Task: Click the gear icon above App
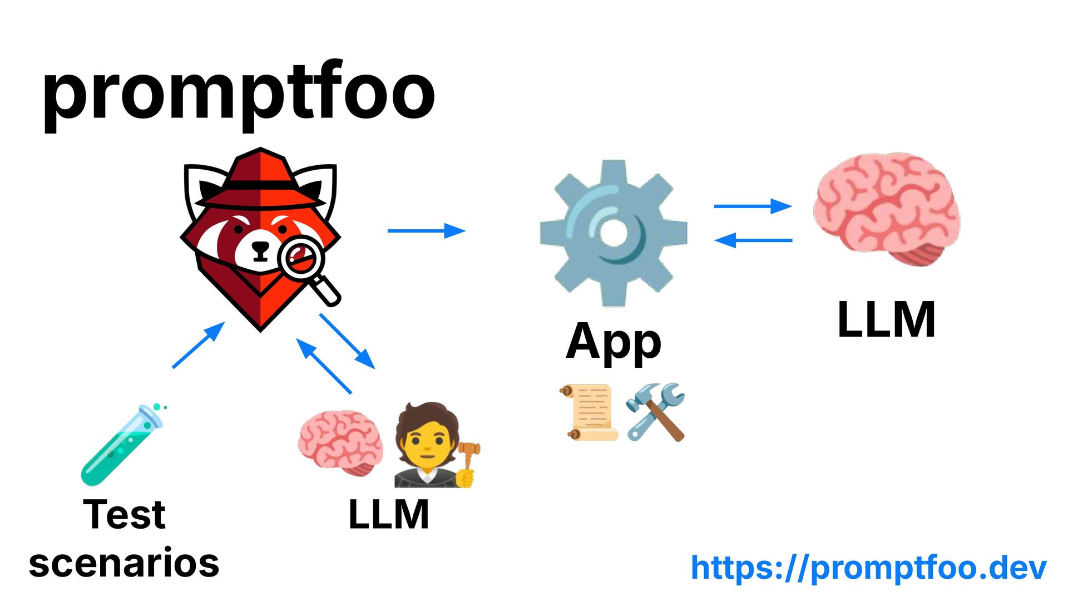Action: click(614, 233)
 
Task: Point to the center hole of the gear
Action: click(614, 233)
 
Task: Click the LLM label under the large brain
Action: click(886, 319)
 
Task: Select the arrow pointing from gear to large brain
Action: click(753, 206)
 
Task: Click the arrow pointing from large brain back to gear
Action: click(753, 240)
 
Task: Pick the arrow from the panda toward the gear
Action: click(426, 230)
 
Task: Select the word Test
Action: click(124, 514)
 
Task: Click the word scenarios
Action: click(124, 563)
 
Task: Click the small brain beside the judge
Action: click(340, 442)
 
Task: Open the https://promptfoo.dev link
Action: click(868, 568)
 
